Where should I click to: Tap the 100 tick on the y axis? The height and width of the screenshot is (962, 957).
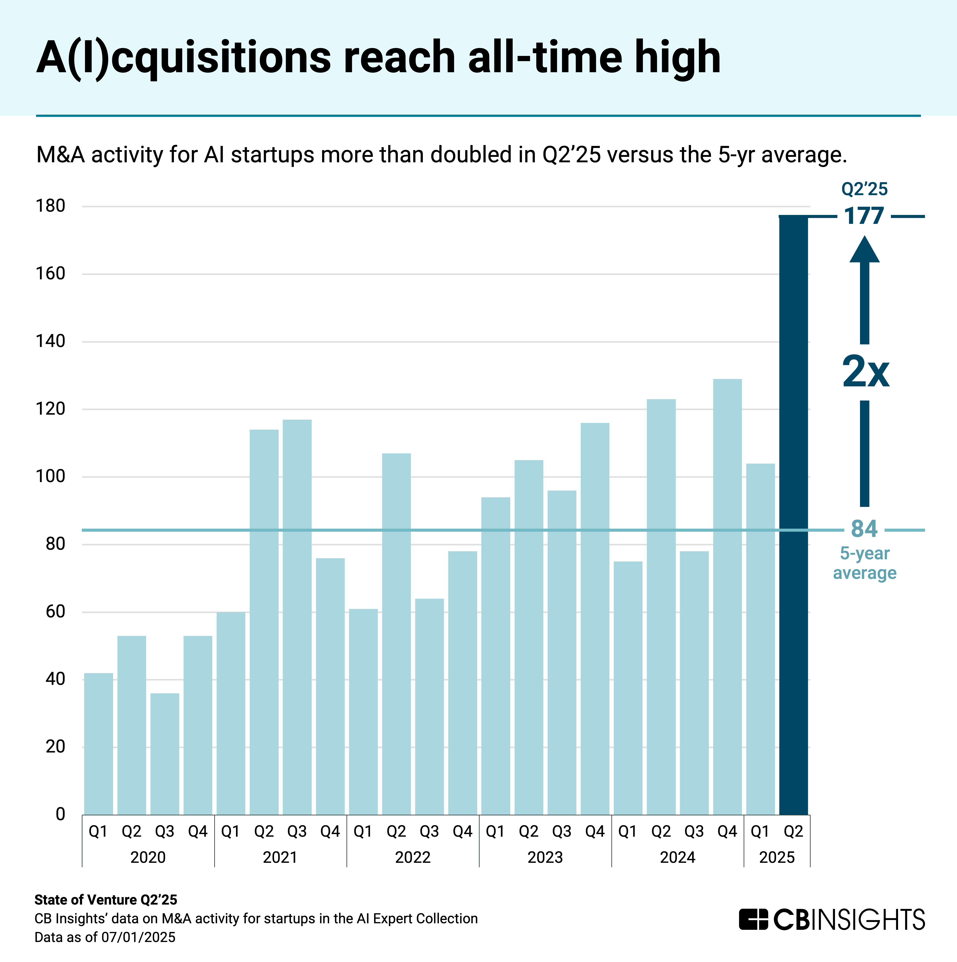click(x=50, y=476)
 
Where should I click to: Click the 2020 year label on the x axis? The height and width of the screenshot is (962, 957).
click(x=148, y=857)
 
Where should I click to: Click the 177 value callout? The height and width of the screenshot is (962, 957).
click(x=864, y=216)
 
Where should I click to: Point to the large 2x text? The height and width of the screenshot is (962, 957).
click(x=865, y=372)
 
